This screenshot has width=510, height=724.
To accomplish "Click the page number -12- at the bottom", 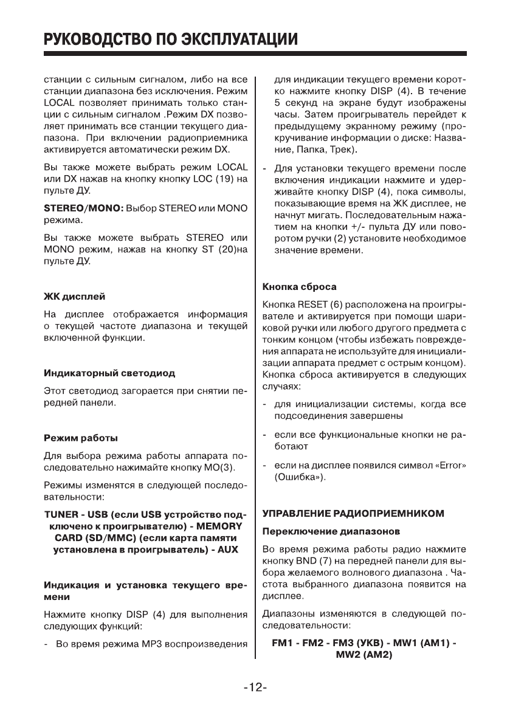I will pyautogui.click(x=255, y=688).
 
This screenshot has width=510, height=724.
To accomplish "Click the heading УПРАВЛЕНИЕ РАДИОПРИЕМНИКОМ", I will pyautogui.click(x=353, y=513).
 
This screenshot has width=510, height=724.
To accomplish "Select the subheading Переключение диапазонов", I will pyautogui.click(x=330, y=531).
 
